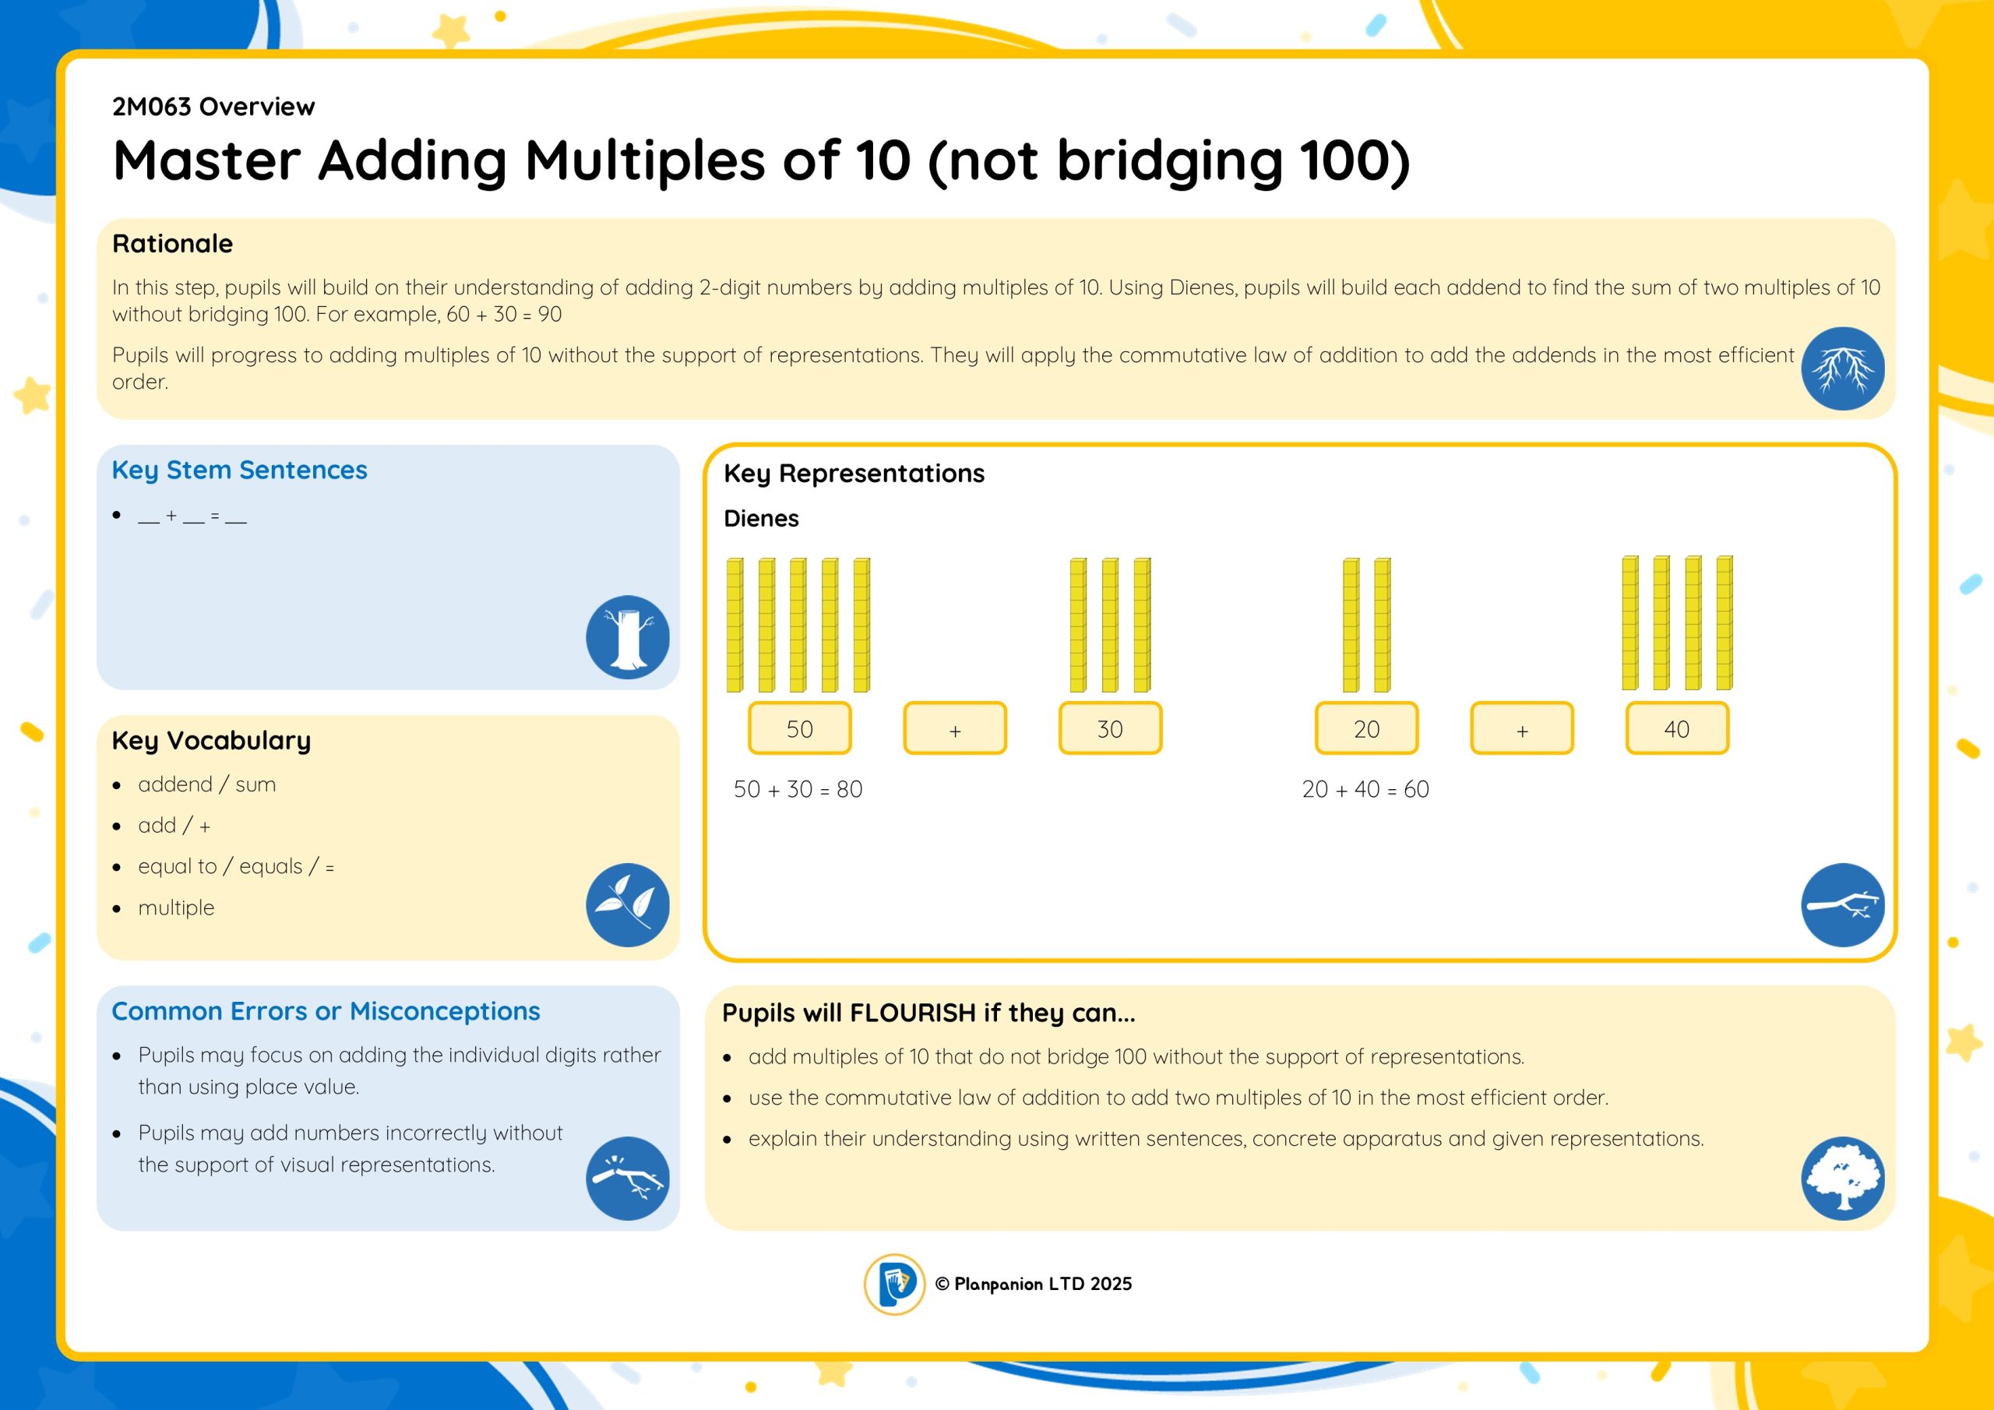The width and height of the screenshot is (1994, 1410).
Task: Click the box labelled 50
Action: tap(799, 728)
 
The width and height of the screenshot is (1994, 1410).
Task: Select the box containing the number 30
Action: tap(1110, 728)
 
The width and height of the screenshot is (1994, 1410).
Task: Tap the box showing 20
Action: tap(1366, 728)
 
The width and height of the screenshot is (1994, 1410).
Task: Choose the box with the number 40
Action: tap(1677, 728)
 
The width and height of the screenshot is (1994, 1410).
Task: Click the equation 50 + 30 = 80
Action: tap(798, 789)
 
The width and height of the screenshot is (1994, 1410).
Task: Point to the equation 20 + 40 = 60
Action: tap(1365, 789)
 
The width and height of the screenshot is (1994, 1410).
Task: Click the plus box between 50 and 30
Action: tap(954, 728)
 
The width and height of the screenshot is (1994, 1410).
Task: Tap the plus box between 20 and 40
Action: tap(1521, 728)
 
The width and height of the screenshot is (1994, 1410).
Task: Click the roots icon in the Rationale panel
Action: tap(1842, 368)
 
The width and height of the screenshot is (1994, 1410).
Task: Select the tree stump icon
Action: tap(627, 636)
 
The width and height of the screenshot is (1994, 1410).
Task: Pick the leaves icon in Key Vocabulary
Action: tap(627, 904)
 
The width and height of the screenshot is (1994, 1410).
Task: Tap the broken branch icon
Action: tap(627, 1178)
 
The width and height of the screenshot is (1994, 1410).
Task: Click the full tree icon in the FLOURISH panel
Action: tap(1842, 1178)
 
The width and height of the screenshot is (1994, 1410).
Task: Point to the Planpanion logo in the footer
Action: tap(893, 1284)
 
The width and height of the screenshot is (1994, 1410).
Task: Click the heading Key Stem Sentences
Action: tap(240, 470)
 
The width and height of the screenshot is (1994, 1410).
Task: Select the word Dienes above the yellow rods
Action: tap(761, 519)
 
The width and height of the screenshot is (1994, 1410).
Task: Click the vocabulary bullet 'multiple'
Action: tap(176, 907)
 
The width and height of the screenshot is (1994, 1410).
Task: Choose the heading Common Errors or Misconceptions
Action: tap(326, 1011)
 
